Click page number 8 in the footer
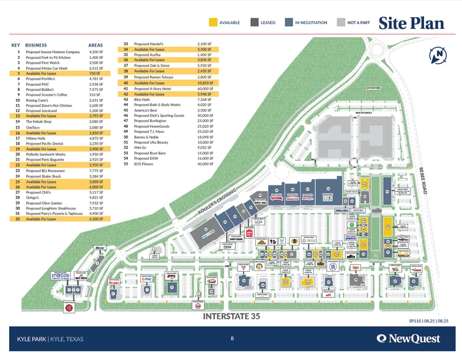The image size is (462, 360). pyautogui.click(x=232, y=338)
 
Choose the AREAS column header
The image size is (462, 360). pyautogui.click(x=95, y=45)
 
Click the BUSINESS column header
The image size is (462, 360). pyautogui.click(x=37, y=45)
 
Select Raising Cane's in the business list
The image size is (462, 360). pyautogui.click(x=39, y=100)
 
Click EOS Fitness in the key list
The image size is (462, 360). pyautogui.click(x=144, y=164)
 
